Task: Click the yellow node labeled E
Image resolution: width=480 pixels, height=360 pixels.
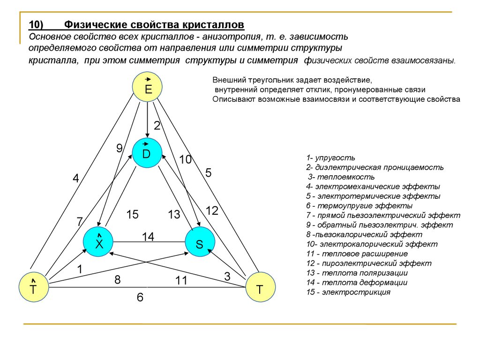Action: (x=147, y=87)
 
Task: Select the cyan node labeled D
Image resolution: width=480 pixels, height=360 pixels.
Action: (x=147, y=153)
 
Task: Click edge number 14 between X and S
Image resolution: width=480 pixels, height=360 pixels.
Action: (x=148, y=237)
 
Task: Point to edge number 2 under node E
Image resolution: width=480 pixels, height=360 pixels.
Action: (x=157, y=126)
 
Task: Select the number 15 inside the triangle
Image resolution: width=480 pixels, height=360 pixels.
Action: (x=132, y=215)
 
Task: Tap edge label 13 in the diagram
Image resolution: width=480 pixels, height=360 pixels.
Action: (x=174, y=215)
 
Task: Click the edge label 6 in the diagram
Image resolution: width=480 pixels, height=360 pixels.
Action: (x=140, y=297)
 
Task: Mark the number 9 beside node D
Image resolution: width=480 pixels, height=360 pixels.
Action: (x=120, y=148)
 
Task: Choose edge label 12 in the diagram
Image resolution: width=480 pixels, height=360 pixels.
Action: (x=212, y=211)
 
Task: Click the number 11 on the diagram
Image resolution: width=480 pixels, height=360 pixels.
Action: (x=181, y=281)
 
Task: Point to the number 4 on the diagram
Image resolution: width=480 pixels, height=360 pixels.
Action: (x=75, y=178)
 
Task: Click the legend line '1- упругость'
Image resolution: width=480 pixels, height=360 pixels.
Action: (x=330, y=157)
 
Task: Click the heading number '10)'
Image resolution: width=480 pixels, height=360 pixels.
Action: (x=36, y=24)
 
